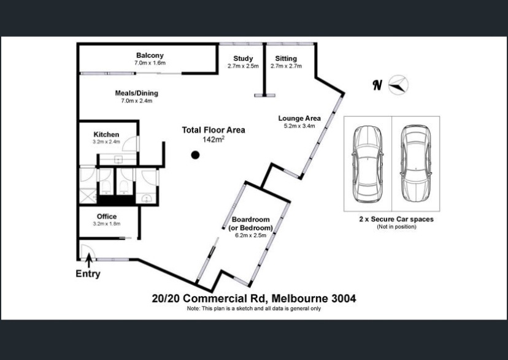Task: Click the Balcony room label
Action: pyautogui.click(x=150, y=55)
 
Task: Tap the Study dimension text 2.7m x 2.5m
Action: pyautogui.click(x=243, y=66)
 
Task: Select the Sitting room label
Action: pyautogui.click(x=286, y=58)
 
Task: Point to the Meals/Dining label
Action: pyautogui.click(x=137, y=93)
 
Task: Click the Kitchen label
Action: pyautogui.click(x=106, y=134)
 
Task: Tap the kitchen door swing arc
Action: pyautogui.click(x=130, y=143)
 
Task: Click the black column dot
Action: pyautogui.click(x=195, y=155)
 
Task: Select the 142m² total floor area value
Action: pyautogui.click(x=214, y=139)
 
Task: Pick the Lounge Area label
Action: pyautogui.click(x=299, y=118)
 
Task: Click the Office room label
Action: pyautogui.click(x=107, y=216)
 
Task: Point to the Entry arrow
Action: pyautogui.click(x=89, y=260)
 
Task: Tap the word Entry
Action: pyautogui.click(x=88, y=274)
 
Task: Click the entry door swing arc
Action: pyautogui.click(x=88, y=251)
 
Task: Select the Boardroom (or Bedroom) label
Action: pyautogui.click(x=251, y=224)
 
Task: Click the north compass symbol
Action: pyautogui.click(x=398, y=85)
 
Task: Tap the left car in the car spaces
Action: pyautogui.click(x=368, y=164)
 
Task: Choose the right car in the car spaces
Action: pyautogui.click(x=416, y=164)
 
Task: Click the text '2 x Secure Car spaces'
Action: pyautogui.click(x=396, y=219)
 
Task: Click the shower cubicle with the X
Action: pyautogui.click(x=88, y=196)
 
